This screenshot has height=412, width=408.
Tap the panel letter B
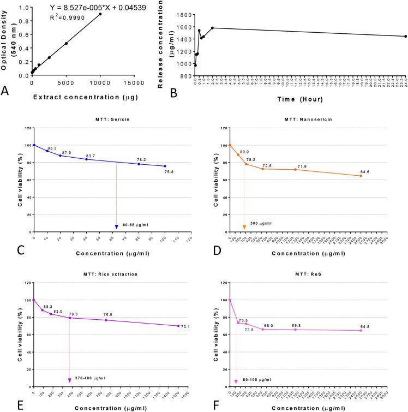[173, 93]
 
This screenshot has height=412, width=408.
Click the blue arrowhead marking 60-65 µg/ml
[116, 226]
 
